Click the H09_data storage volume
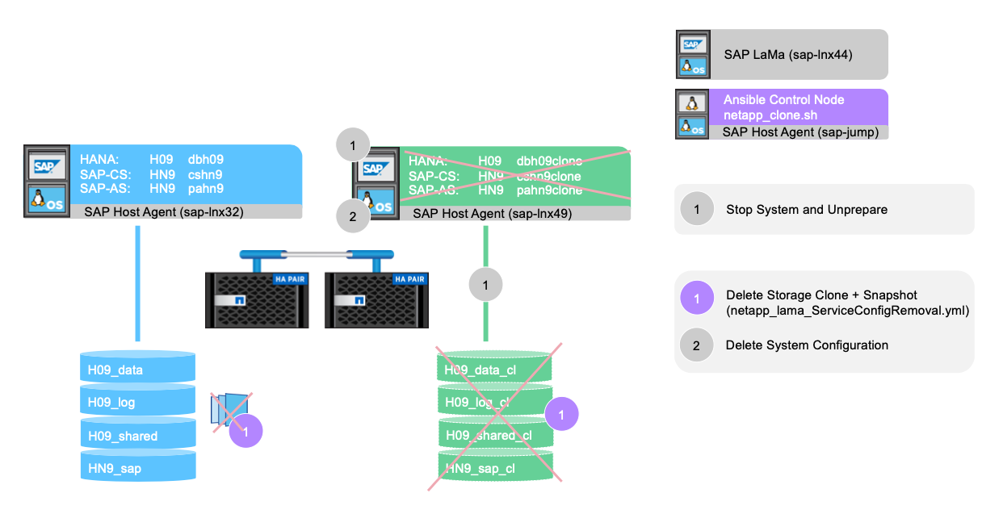[137, 370]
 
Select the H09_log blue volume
[137, 403]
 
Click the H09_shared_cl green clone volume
[495, 436]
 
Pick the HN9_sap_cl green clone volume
[495, 468]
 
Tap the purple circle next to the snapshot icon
[246, 431]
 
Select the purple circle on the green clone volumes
[562, 415]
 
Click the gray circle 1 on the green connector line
[485, 284]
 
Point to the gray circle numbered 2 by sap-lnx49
[352, 216]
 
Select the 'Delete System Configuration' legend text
[806, 345]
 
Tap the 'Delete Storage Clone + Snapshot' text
[820, 295]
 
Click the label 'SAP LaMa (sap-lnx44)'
[787, 54]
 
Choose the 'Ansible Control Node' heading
[783, 100]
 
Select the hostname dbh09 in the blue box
[206, 160]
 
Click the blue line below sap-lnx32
[137, 282]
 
